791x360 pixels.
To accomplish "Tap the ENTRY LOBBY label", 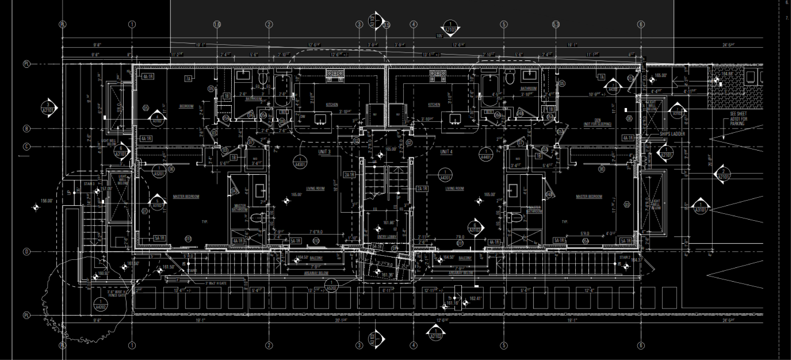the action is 387,237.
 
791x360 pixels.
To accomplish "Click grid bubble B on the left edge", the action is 27,129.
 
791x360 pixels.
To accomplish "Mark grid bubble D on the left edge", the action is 27,252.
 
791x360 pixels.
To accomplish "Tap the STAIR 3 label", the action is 89,184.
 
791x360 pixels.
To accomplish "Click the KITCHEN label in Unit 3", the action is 332,105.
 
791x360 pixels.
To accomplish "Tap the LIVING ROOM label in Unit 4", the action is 454,188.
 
